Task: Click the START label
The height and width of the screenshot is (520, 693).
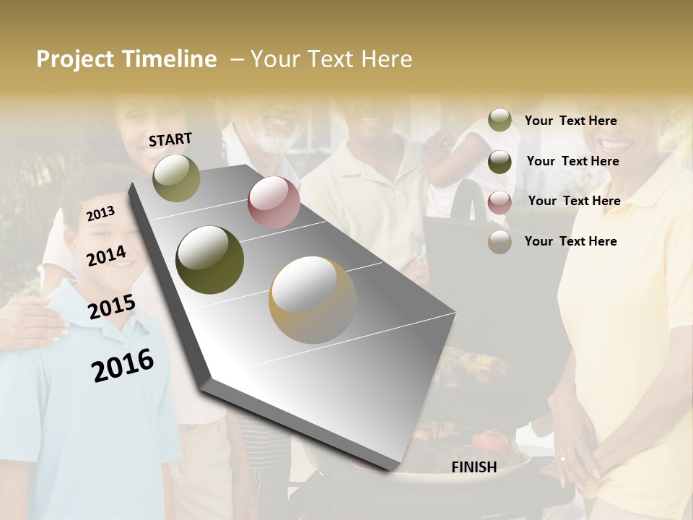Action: (170, 139)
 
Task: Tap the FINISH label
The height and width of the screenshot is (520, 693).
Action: (474, 467)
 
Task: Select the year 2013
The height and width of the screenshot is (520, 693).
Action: (101, 213)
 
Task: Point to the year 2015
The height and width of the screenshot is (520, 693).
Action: (112, 307)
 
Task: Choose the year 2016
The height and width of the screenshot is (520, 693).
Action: (123, 365)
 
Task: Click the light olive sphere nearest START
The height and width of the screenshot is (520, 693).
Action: (177, 178)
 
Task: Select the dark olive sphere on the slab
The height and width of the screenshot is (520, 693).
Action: (209, 260)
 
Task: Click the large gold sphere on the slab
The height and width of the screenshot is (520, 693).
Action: (313, 300)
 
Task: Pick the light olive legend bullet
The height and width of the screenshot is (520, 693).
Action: (500, 121)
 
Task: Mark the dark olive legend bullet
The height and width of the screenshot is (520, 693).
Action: (500, 162)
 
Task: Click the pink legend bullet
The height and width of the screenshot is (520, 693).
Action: (500, 201)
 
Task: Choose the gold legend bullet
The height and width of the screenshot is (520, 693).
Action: (500, 242)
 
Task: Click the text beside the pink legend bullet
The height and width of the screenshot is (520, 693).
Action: (574, 201)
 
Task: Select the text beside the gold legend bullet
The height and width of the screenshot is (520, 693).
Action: (570, 241)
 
